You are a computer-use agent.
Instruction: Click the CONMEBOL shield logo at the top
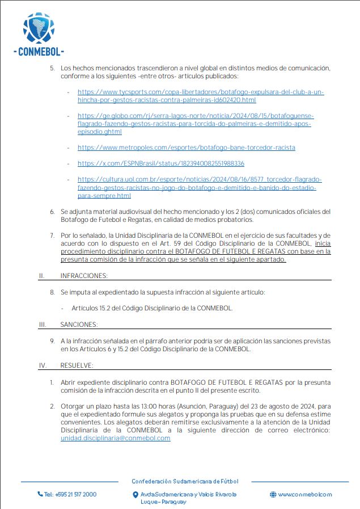point(39,29)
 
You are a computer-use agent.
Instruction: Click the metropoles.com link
point(186,148)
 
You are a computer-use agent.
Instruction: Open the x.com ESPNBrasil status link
point(160,163)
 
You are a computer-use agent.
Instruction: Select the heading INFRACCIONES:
point(84,276)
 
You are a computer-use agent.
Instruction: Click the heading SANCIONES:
point(79,325)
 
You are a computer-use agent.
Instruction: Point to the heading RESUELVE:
point(77,365)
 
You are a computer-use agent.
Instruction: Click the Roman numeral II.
point(41,276)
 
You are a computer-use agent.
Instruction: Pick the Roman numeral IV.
point(42,365)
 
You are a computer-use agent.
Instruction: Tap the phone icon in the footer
point(40,494)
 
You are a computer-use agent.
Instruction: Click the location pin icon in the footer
point(134,494)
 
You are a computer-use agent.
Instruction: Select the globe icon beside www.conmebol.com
point(273,494)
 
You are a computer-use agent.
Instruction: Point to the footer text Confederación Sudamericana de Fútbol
point(185,481)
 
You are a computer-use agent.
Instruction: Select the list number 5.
point(52,68)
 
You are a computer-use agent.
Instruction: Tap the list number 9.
point(52,340)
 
